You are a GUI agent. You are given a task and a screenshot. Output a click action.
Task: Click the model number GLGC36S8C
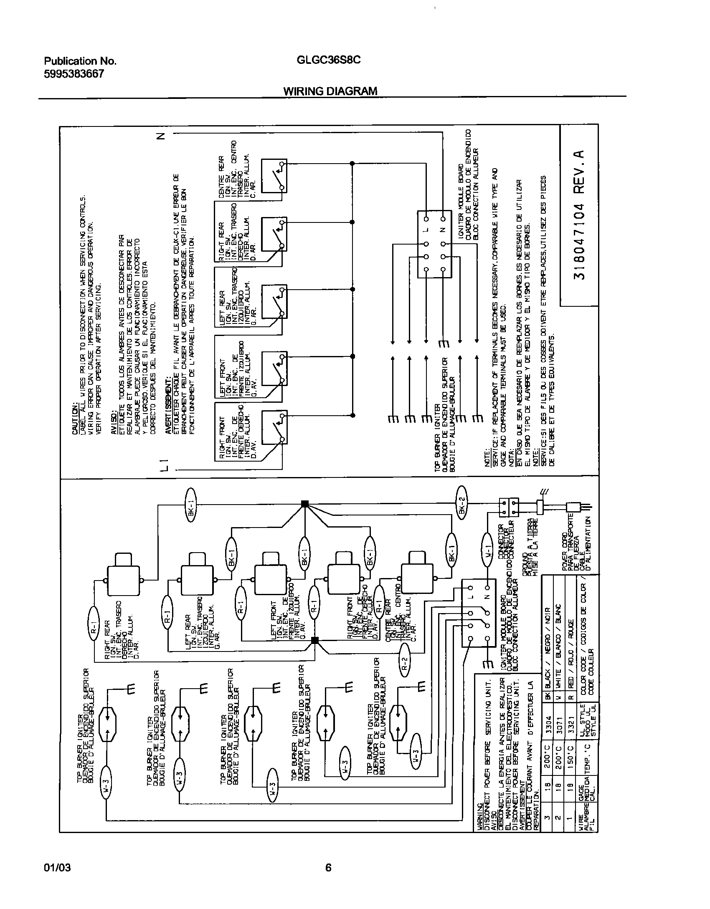[328, 60]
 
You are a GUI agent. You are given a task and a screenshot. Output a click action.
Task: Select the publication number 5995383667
[74, 74]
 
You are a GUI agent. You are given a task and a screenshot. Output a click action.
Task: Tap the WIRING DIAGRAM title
[330, 91]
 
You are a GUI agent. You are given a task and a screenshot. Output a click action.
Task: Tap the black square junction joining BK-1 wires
[305, 504]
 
